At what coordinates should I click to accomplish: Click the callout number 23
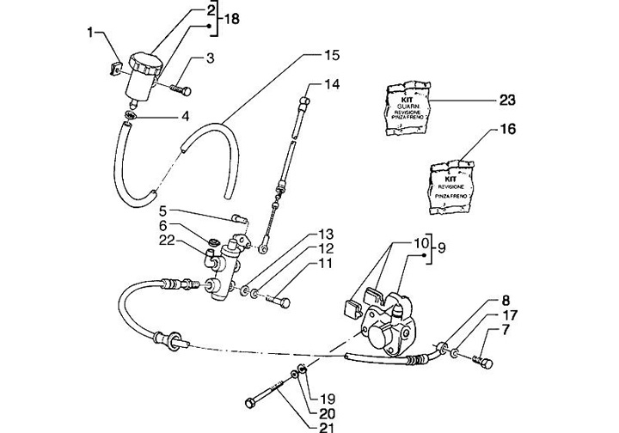click(x=506, y=100)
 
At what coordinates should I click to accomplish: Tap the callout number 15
click(x=332, y=55)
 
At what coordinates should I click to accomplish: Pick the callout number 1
click(x=89, y=33)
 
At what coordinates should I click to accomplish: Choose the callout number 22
click(x=168, y=241)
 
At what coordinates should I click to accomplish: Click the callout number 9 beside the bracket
click(x=442, y=248)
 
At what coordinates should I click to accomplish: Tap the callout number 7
click(x=506, y=330)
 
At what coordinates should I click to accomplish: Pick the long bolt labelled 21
click(x=268, y=393)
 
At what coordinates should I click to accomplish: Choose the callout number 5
click(x=163, y=210)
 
